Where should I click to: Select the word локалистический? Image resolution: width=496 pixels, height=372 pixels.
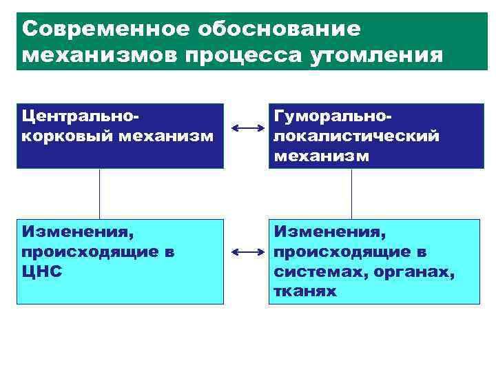356,135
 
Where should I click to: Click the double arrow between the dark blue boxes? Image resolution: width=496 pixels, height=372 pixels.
249,127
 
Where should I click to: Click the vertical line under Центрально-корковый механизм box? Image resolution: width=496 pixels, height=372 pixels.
100,194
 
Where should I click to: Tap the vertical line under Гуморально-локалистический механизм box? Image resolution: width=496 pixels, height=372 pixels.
351,194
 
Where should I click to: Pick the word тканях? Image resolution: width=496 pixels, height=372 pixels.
304,291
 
